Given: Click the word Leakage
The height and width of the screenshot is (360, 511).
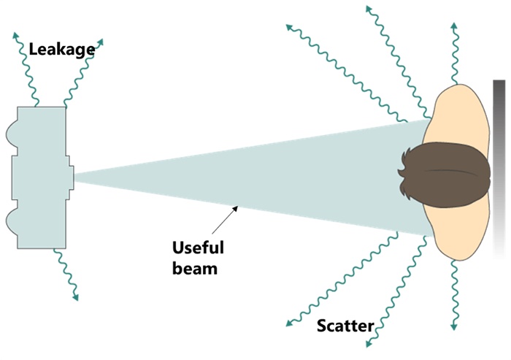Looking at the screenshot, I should (61, 50).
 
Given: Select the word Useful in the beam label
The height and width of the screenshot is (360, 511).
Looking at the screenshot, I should (197, 248).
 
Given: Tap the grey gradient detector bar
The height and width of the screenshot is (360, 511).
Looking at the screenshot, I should (499, 167).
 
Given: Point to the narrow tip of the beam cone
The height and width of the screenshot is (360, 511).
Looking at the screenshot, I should (77, 176).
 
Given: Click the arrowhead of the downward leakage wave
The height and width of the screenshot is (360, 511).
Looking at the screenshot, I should (74, 298).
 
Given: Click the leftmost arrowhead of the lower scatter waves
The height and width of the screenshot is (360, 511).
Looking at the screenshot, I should (288, 323).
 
